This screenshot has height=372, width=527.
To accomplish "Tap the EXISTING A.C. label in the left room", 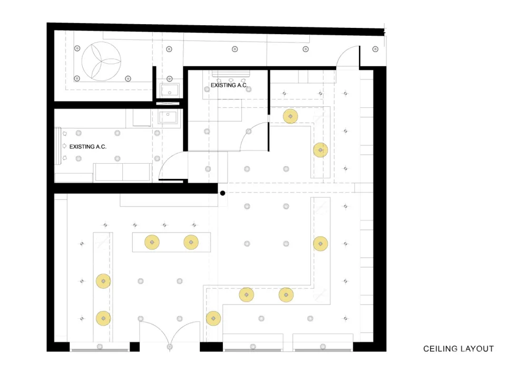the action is [87, 147].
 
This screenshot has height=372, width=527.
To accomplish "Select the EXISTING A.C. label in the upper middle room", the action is [229, 85].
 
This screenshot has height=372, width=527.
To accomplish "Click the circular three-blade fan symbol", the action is [101, 61].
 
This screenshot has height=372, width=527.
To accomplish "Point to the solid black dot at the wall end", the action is [222, 193].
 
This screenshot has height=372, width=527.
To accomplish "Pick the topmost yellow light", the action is [290, 116].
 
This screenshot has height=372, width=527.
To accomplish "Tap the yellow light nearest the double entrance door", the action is [213, 318].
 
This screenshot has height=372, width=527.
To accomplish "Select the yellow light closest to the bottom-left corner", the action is [103, 318].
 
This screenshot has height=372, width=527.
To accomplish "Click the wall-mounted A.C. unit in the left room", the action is [58, 146].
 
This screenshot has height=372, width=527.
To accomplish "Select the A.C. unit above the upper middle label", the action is [231, 74].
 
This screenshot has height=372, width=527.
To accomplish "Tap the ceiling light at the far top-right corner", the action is [375, 49].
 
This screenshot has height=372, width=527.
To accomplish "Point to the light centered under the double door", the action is [170, 347].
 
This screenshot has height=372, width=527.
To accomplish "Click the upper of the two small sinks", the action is [170, 90].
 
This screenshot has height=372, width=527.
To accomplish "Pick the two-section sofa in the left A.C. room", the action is [123, 173].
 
